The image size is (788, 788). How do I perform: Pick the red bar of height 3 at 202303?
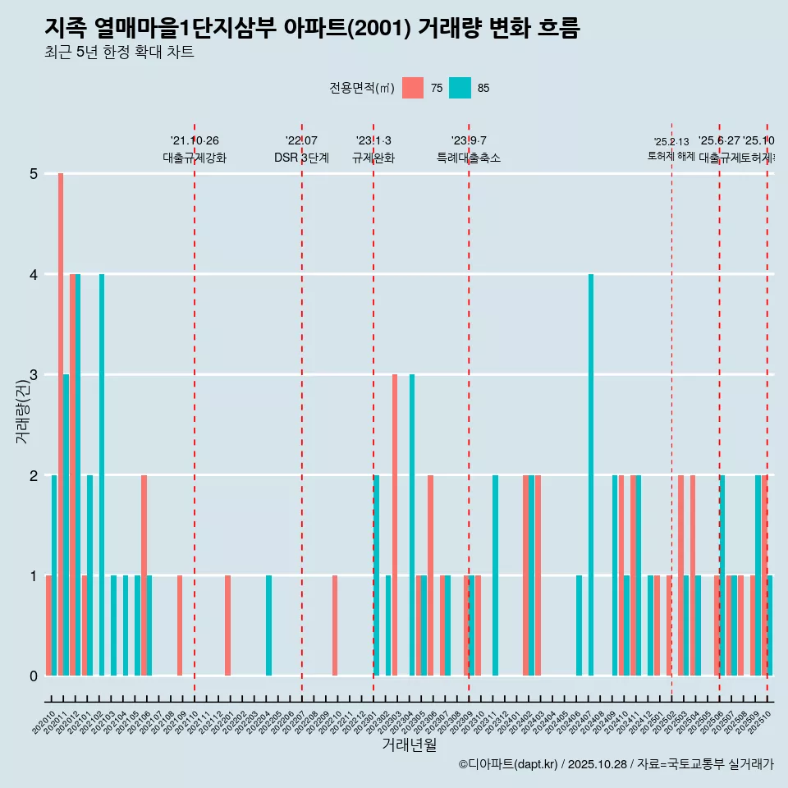395,525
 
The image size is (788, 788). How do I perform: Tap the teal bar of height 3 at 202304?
412,525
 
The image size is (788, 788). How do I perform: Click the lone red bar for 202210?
335,625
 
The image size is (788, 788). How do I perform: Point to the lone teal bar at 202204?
268,625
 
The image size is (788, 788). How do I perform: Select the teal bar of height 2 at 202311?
496,575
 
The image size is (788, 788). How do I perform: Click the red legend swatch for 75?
413,88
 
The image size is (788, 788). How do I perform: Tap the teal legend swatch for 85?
460,88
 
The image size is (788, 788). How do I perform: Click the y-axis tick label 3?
34,375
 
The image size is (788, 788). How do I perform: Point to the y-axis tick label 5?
34,174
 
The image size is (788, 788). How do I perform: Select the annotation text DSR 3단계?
301,158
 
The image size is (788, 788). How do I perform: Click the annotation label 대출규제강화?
195,158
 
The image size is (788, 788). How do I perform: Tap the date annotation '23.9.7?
469,140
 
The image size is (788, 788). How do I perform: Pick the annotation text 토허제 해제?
671,156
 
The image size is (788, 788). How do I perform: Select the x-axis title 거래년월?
409,744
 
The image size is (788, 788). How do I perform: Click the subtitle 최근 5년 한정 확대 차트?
119,53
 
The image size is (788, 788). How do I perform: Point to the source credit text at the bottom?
616,764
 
